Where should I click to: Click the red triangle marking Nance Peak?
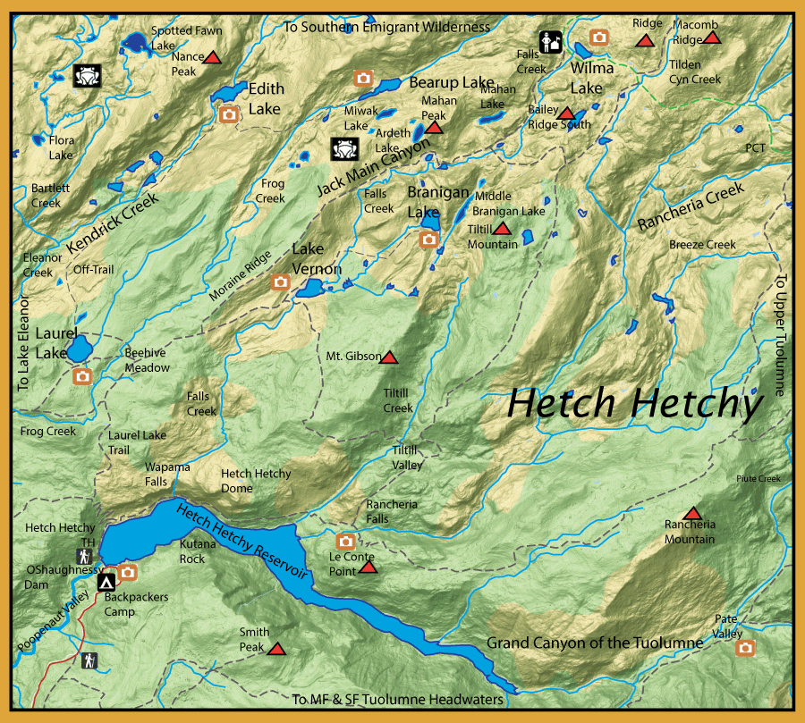coord(212,58)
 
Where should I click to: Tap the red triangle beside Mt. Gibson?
coord(389,357)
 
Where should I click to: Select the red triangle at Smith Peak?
coord(276,650)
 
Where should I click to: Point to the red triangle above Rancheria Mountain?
coord(691,514)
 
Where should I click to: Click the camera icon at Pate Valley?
coord(745,647)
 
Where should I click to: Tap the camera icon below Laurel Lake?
coord(82,376)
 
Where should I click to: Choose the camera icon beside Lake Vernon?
coord(281,282)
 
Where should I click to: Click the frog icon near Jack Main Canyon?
coord(344,147)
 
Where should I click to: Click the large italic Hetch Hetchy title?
coord(633,404)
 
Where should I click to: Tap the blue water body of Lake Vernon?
coord(309,289)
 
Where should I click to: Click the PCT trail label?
coord(755,147)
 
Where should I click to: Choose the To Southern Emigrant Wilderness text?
coord(386,27)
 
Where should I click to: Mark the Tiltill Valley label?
coord(407,458)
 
